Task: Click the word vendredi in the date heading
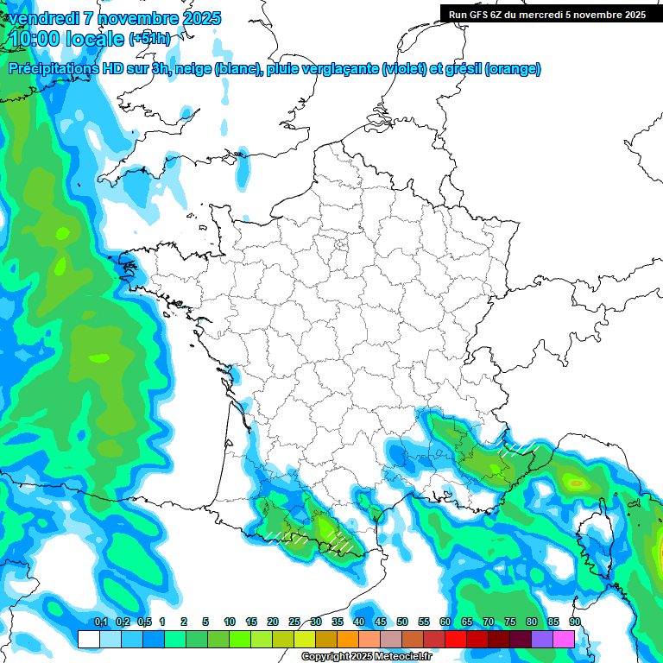coord(41,18)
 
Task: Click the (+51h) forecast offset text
coord(150,39)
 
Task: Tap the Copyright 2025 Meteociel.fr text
coord(367,657)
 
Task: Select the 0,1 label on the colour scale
coord(100,622)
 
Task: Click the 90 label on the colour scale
coord(574,622)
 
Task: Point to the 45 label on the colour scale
coord(381,622)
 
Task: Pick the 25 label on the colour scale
coord(294,622)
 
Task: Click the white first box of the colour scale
coord(88,639)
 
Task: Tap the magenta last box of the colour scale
coord(564,639)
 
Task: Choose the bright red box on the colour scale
coord(456,639)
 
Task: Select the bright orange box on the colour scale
coord(347,639)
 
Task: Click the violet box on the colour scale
coord(542,639)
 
